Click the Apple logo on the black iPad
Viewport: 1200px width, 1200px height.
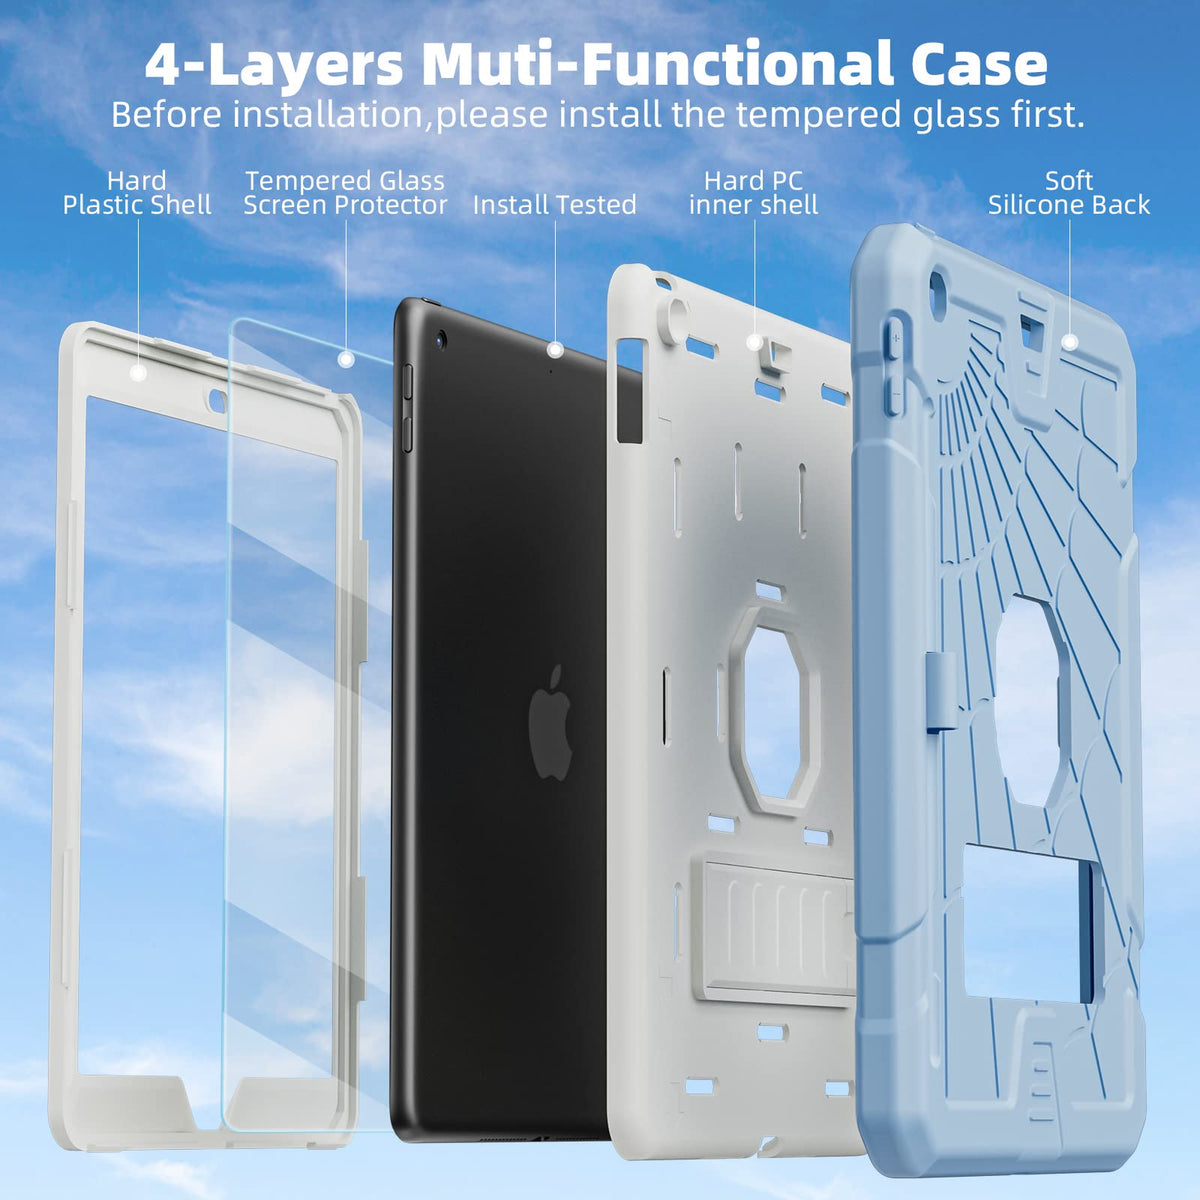coord(550,722)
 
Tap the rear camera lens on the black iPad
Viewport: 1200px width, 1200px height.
coord(442,339)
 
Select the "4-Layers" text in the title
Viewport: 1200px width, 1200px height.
coord(273,65)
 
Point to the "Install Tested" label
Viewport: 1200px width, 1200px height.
coord(554,205)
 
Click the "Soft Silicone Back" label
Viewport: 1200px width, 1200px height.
coord(1069,193)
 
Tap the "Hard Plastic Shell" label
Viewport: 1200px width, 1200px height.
coord(137,193)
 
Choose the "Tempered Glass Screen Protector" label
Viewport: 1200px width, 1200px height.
coord(345,193)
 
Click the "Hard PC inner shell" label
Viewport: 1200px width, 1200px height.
coord(754,193)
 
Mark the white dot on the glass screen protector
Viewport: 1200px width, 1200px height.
coord(346,359)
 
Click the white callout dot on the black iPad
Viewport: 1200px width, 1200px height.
coord(555,350)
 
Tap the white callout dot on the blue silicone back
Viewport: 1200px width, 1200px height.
coord(1069,341)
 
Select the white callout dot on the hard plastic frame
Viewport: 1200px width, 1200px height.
coord(138,372)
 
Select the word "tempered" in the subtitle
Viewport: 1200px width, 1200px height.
coord(821,116)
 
